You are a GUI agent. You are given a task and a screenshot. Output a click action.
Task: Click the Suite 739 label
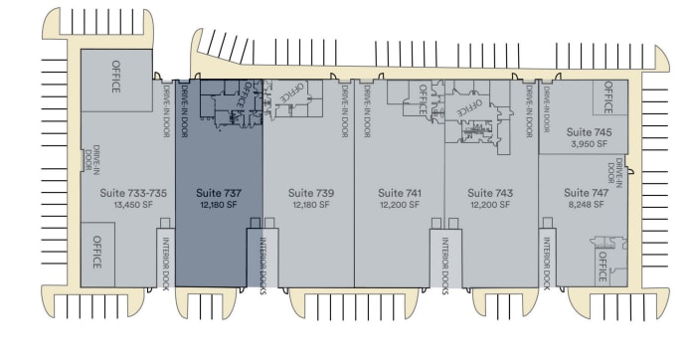pyautogui.click(x=310, y=192)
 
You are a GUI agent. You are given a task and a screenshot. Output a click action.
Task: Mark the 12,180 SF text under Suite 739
pyautogui.click(x=310, y=204)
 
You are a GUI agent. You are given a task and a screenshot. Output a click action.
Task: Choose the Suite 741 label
pyautogui.click(x=401, y=192)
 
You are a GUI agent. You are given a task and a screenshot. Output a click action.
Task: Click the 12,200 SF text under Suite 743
pyautogui.click(x=490, y=204)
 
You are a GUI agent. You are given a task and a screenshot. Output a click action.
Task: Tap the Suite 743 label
pyautogui.click(x=490, y=192)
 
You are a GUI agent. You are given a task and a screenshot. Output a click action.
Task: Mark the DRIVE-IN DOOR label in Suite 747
pyautogui.click(x=619, y=175)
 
